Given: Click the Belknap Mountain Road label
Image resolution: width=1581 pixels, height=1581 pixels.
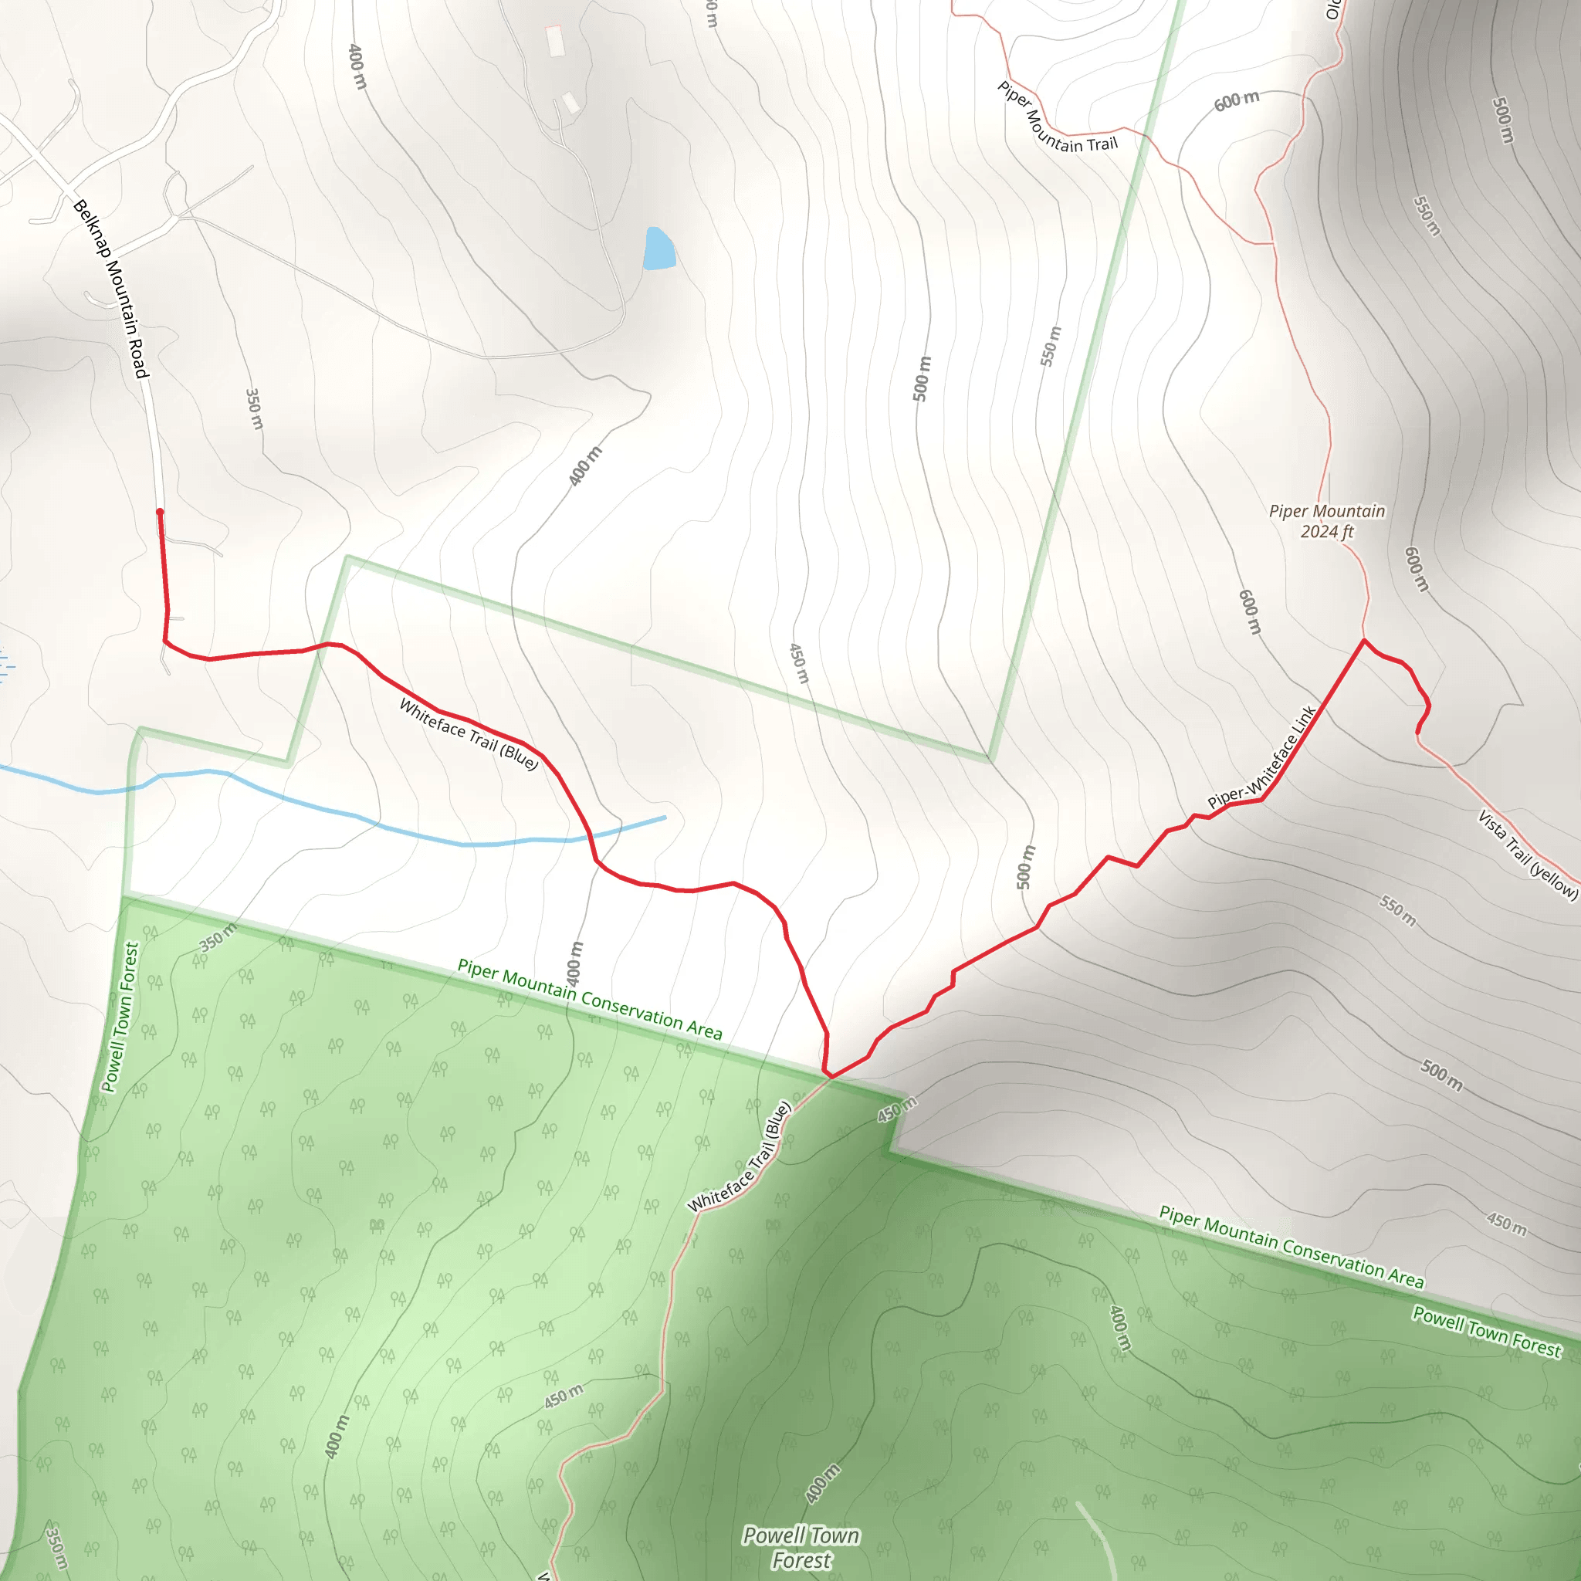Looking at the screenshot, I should point(111,289).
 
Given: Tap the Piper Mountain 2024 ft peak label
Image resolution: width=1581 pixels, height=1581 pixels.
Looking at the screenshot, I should point(1326,521).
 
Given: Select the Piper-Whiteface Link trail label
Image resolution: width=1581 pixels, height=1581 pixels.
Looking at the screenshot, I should point(1262,757).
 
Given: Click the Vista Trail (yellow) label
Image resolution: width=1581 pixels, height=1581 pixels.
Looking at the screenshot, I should point(1527,855).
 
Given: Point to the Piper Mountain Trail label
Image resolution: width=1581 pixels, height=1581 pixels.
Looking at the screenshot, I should point(1057,120).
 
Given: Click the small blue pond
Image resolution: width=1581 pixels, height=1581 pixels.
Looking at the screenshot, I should point(658,249).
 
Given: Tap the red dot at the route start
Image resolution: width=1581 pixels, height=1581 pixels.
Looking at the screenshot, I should point(161,513).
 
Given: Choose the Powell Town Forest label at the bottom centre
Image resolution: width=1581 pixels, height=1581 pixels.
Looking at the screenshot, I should point(801,1548).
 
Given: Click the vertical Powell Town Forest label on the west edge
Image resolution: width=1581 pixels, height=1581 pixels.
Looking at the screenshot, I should point(120,1017).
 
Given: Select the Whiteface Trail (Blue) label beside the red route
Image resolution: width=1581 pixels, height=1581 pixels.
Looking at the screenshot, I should point(469,734).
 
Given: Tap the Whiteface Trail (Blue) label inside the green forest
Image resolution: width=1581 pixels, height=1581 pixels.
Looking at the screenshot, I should point(740,1156).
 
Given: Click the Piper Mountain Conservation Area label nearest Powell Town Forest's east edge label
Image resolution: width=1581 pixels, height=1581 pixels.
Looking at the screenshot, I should point(1292,1246).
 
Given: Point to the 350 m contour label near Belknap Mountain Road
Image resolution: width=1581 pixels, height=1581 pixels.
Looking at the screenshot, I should point(255,409).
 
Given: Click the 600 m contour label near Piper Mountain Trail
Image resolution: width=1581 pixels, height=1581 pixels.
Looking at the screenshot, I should point(1236,101).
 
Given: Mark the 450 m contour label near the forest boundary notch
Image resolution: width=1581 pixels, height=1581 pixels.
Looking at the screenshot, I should point(897,1109).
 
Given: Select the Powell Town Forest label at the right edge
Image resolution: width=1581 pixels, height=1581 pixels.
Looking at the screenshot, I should point(1487,1332).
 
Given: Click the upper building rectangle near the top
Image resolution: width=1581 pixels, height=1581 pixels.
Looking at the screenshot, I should point(555,39).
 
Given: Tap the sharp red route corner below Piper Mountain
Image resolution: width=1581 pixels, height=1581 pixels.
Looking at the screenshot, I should point(1364,640).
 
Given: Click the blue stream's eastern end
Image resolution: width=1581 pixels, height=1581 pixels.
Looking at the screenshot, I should point(665,817).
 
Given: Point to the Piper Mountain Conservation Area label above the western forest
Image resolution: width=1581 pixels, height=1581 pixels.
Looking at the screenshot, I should point(589,999).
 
